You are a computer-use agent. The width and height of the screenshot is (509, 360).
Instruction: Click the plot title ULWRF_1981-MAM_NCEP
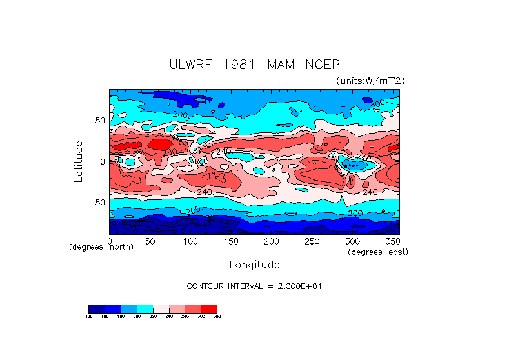click(254, 65)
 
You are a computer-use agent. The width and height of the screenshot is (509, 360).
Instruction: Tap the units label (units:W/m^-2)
click(370, 81)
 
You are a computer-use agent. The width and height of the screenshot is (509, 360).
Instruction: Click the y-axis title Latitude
click(79, 161)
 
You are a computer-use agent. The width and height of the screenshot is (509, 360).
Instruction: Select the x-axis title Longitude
click(254, 265)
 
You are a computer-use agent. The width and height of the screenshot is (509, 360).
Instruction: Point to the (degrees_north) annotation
click(101, 247)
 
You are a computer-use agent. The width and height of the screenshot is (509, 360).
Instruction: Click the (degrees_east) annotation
click(378, 252)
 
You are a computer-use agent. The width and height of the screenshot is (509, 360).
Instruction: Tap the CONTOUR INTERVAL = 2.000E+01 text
click(254, 286)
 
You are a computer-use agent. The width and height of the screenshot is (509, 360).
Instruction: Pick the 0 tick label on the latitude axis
click(102, 161)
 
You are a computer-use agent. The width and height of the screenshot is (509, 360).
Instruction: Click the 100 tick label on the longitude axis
click(190, 241)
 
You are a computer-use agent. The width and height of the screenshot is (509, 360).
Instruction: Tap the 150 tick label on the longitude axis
click(231, 241)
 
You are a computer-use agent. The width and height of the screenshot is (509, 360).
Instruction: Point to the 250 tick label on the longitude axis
click(312, 241)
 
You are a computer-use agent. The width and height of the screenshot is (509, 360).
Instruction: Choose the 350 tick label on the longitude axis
click(393, 241)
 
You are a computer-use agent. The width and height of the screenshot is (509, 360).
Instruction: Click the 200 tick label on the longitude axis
click(272, 241)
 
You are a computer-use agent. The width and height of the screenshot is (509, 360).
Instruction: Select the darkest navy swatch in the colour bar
click(96, 308)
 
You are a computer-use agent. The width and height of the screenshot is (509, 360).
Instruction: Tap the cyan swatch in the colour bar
click(145, 308)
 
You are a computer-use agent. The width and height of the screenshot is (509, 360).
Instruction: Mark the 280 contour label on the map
click(170, 152)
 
